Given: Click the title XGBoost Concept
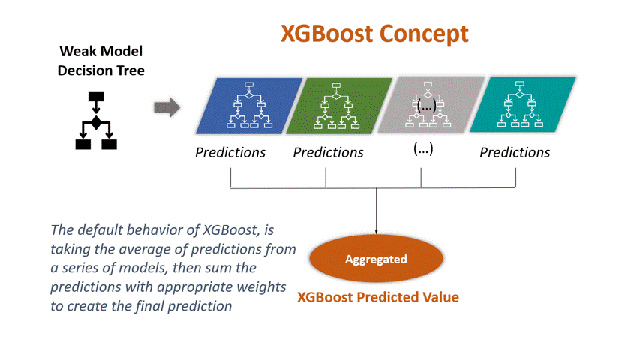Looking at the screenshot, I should pyautogui.click(x=374, y=34).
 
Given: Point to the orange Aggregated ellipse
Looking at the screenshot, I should pyautogui.click(x=376, y=259).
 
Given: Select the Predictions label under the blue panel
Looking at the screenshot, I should pyautogui.click(x=230, y=153).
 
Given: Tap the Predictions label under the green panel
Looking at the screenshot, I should pyautogui.click(x=328, y=153).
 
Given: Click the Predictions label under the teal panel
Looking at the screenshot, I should pyautogui.click(x=515, y=153).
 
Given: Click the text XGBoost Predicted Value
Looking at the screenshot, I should pyautogui.click(x=378, y=297).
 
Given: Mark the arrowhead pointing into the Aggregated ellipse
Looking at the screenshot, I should pyautogui.click(x=376, y=231).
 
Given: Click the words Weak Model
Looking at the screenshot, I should pyautogui.click(x=101, y=52).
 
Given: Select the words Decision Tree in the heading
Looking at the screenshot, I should pyautogui.click(x=101, y=71).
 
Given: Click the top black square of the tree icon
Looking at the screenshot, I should pyautogui.click(x=95, y=97).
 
